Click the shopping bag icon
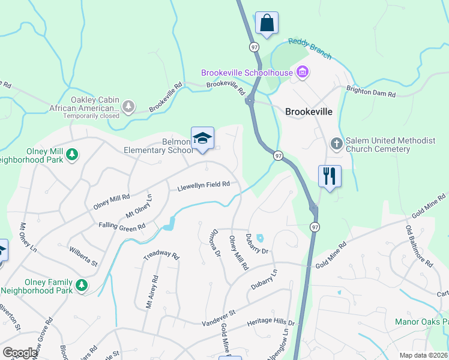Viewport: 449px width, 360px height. (266, 23)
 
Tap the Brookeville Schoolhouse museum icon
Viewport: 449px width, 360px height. (302, 73)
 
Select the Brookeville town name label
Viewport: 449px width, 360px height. (309, 112)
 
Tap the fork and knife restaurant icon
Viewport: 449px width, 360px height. (330, 176)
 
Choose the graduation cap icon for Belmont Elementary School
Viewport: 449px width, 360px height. (203, 139)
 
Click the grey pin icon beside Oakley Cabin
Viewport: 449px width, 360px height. (128, 107)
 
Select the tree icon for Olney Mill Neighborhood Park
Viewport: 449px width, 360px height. (72, 155)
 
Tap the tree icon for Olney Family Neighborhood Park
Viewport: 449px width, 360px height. (82, 286)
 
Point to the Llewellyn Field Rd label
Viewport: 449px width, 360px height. (203, 187)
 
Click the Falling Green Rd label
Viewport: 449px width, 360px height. (122, 227)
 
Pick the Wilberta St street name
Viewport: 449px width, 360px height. (83, 255)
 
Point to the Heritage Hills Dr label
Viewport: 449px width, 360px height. (271, 323)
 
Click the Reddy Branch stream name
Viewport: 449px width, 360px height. (309, 49)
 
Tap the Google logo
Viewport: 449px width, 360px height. (20, 353)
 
